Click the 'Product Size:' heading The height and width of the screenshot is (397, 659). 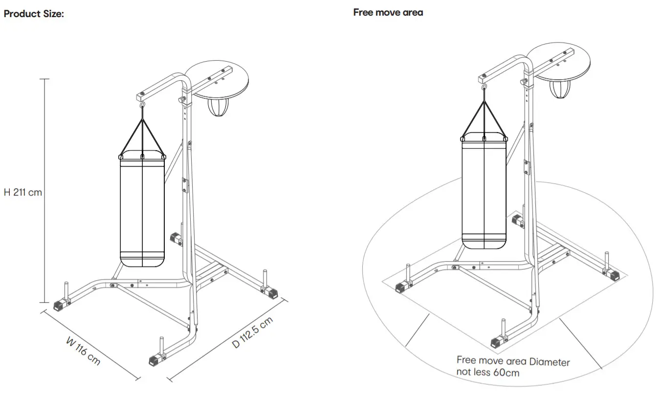point(34,14)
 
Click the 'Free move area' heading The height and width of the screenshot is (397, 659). point(388,13)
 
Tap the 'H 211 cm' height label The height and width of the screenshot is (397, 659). point(23,192)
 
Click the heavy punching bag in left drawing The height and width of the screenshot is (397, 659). point(142,210)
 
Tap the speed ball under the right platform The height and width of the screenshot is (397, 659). point(559,89)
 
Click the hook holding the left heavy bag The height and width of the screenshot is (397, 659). point(142,105)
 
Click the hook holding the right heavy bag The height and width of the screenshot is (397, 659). point(484,88)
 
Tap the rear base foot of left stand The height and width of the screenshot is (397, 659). point(175,239)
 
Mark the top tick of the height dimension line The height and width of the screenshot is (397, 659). point(44,79)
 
